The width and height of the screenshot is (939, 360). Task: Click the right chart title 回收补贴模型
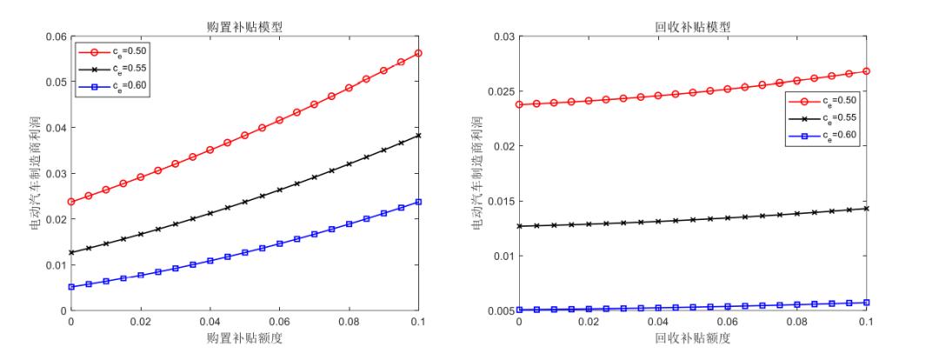pos(694,26)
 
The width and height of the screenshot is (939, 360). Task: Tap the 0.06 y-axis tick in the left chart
pos(54,37)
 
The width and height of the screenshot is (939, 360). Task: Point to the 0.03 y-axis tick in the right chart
pos(503,37)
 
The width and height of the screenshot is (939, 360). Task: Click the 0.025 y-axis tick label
pos(499,91)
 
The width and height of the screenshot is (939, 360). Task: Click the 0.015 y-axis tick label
pos(499,201)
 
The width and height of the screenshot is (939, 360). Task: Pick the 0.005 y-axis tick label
pos(499,310)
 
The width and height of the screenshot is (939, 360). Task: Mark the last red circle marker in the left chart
pos(418,53)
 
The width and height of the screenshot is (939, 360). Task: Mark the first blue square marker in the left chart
pos(71,286)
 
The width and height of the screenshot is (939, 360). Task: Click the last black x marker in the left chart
pos(418,135)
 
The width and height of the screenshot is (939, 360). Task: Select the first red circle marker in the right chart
pos(519,104)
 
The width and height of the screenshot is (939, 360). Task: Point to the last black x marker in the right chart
pos(867,208)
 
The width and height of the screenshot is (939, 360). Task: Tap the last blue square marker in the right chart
pos(867,303)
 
